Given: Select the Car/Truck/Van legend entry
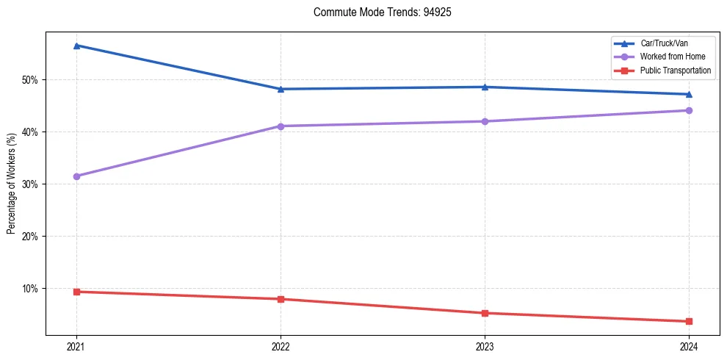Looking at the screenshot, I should (x=664, y=43).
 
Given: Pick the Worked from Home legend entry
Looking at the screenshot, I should (x=673, y=57).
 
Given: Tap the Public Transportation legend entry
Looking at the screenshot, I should (x=676, y=71).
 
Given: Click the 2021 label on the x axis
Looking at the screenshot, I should (x=76, y=345).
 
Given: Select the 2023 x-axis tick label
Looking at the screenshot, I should (x=485, y=345).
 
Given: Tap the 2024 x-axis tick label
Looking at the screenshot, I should (x=689, y=345).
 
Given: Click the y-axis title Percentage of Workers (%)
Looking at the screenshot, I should (x=11, y=184).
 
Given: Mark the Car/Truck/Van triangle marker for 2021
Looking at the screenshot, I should (x=76, y=46).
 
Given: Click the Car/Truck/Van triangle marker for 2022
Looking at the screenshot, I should (x=281, y=89).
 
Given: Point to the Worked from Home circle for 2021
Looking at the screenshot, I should (x=76, y=176).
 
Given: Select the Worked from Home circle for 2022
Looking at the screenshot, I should (x=281, y=126).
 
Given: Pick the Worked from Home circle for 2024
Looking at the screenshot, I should (x=689, y=110).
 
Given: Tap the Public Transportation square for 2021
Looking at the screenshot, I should (x=76, y=292).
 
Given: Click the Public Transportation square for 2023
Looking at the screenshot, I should (x=485, y=313).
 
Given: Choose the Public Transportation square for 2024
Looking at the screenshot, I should (x=689, y=321).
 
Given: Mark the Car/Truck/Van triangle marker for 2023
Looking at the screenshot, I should (x=485, y=87).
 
